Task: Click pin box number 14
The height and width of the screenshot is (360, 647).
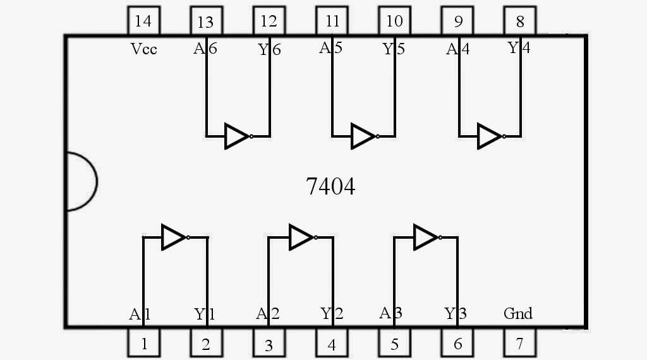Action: pos(143,21)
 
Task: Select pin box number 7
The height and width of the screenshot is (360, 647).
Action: pos(519,344)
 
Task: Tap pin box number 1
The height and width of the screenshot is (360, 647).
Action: pos(143,344)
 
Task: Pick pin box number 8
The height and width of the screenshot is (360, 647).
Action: pos(519,21)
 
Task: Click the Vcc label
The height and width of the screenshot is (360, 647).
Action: pos(143,49)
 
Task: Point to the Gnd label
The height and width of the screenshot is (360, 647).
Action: pos(517,313)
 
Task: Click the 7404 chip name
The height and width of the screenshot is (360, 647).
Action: pos(330,186)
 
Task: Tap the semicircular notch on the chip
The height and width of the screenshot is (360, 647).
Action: pos(81,182)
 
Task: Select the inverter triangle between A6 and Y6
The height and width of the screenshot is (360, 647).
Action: pos(237,136)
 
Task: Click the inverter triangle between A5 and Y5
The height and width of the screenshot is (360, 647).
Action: pos(363,136)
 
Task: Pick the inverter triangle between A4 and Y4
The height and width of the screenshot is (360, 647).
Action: pos(490,136)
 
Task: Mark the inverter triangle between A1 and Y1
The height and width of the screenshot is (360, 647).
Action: pos(174,237)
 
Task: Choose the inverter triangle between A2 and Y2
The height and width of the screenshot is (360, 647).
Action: pos(301,237)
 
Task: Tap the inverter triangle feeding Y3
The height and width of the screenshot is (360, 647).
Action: pos(426,237)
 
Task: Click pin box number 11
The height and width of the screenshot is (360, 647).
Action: pos(332,21)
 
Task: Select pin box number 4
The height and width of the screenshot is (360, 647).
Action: pos(332,344)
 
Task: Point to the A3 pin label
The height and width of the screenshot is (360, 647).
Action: pos(391,313)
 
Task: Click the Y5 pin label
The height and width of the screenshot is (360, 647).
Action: pos(394,49)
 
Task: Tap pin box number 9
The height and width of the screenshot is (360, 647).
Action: pos(457,21)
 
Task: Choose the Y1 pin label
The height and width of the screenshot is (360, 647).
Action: pos(205,314)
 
